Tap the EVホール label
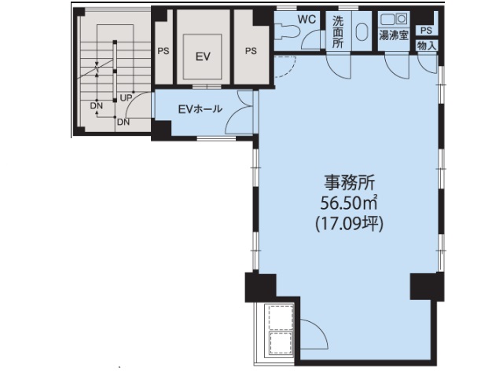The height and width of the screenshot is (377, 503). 200,109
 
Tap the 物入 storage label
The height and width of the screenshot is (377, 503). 427,46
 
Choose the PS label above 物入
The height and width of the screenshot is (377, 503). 426,31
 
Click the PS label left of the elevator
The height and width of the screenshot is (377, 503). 163,51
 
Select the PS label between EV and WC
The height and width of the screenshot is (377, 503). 251,51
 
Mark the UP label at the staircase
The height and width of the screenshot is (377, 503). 125,97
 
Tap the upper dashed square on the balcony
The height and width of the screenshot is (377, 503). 279,315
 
